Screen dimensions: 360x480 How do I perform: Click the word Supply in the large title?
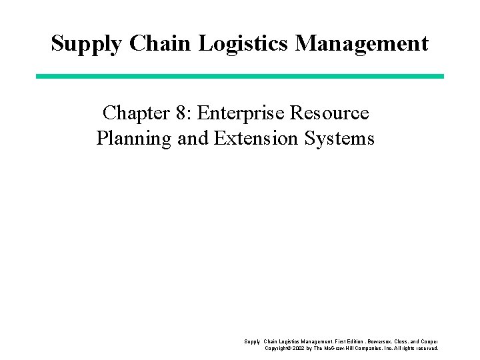87,44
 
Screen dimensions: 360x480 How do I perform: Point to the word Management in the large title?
362,44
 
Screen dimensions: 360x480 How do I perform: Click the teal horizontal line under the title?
239,77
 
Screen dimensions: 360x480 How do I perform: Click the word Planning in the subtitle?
133,139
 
